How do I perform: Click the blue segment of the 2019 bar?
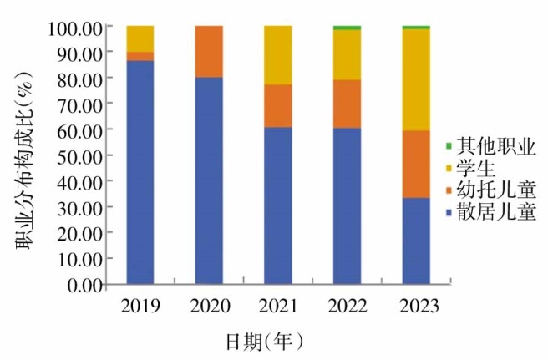click(140, 172)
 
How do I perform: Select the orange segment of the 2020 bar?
click(209, 51)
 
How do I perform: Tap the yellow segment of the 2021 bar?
click(278, 54)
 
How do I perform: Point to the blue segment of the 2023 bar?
click(415, 241)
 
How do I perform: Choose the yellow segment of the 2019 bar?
click(140, 38)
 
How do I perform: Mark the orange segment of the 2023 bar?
click(415, 164)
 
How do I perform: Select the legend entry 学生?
click(480, 165)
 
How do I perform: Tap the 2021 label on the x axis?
click(278, 306)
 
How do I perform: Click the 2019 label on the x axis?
click(140, 306)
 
